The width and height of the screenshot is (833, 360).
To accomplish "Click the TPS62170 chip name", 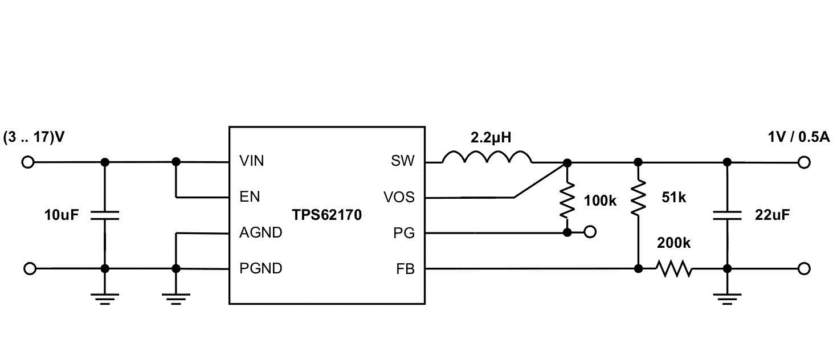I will click(x=327, y=215).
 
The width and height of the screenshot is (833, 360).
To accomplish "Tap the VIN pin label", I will click(x=251, y=162).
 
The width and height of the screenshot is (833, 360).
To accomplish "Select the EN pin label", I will click(x=250, y=198).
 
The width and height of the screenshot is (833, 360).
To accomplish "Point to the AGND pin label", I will click(x=260, y=233).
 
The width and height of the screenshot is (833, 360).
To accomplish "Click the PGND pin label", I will click(x=260, y=268).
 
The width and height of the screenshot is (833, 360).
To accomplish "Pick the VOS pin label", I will click(x=399, y=198).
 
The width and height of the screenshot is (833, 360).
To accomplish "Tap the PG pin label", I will click(x=405, y=233).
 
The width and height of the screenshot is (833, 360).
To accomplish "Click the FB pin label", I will click(x=405, y=268).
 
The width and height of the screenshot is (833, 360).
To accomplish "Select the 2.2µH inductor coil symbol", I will click(x=488, y=158).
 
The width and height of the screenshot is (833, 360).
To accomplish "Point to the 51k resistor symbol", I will click(x=638, y=197).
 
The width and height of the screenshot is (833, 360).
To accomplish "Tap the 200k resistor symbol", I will click(x=674, y=268).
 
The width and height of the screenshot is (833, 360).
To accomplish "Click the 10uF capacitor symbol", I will click(x=104, y=215).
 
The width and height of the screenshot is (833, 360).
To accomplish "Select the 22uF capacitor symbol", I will click(x=726, y=215).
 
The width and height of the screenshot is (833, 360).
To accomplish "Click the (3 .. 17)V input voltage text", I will click(x=32, y=138).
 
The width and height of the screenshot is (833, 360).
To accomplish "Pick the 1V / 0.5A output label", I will click(x=798, y=138).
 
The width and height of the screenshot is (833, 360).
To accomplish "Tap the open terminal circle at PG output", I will click(x=591, y=232).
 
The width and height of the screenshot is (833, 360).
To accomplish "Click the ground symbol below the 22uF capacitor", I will click(x=726, y=297).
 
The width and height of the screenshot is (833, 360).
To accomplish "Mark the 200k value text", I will click(x=673, y=243).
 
